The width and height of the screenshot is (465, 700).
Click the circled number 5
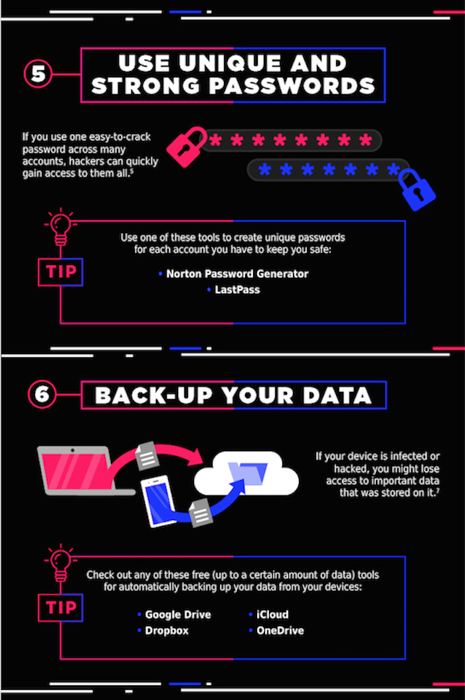point(38,74)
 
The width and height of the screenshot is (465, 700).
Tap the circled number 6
point(42,394)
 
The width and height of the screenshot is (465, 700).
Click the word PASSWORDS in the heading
point(292,86)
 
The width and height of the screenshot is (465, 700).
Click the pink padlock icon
point(186,146)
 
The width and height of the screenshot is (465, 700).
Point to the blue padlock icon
point(417,190)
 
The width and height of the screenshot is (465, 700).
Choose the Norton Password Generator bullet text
point(237,274)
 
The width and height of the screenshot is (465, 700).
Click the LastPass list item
point(237,290)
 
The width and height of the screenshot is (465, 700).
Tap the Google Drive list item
point(178,615)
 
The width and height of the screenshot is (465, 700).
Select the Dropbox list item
point(167,631)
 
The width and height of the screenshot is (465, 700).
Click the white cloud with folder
point(246,474)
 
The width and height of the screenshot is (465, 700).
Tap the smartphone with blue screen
point(159,501)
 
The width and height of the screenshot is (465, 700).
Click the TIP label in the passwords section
point(60,272)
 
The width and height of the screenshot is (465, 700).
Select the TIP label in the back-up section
point(60,608)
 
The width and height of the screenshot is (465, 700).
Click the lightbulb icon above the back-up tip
point(60,561)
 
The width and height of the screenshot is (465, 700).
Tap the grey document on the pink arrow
point(147,456)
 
